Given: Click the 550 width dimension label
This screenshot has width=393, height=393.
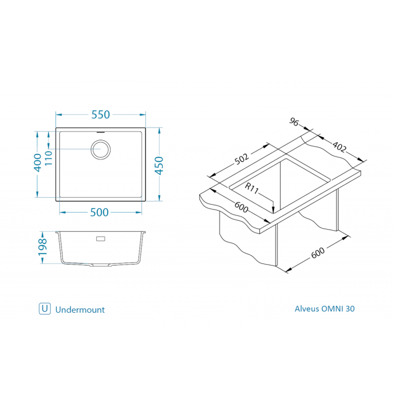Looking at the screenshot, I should click(100, 115).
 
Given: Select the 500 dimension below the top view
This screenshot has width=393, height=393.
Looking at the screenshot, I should click(99, 212).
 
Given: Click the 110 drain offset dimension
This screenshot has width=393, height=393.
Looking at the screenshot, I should click(49, 157).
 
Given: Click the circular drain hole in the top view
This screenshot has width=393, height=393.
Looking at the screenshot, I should click(101, 149).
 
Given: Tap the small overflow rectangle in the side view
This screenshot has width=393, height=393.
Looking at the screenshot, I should click(100, 239).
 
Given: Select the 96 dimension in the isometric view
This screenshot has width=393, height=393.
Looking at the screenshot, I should click(294, 122).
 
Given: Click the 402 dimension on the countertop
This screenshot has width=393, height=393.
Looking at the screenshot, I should click(339, 147).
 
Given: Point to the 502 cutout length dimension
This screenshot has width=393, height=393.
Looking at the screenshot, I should click(242, 159).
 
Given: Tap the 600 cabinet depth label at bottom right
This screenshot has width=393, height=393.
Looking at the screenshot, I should click(318, 253).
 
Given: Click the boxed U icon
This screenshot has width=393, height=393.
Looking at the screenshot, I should click(44, 309).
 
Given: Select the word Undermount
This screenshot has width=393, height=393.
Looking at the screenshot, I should click(80, 310).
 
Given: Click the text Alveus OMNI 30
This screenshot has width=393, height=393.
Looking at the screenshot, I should click(324, 309).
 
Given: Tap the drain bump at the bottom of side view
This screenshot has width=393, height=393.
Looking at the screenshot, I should click(101, 265).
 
